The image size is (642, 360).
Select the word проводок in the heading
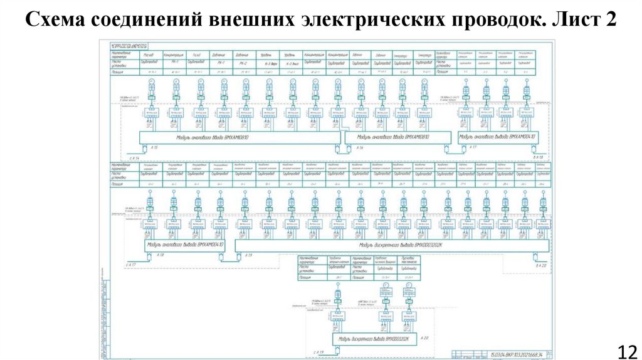point(491,19)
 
